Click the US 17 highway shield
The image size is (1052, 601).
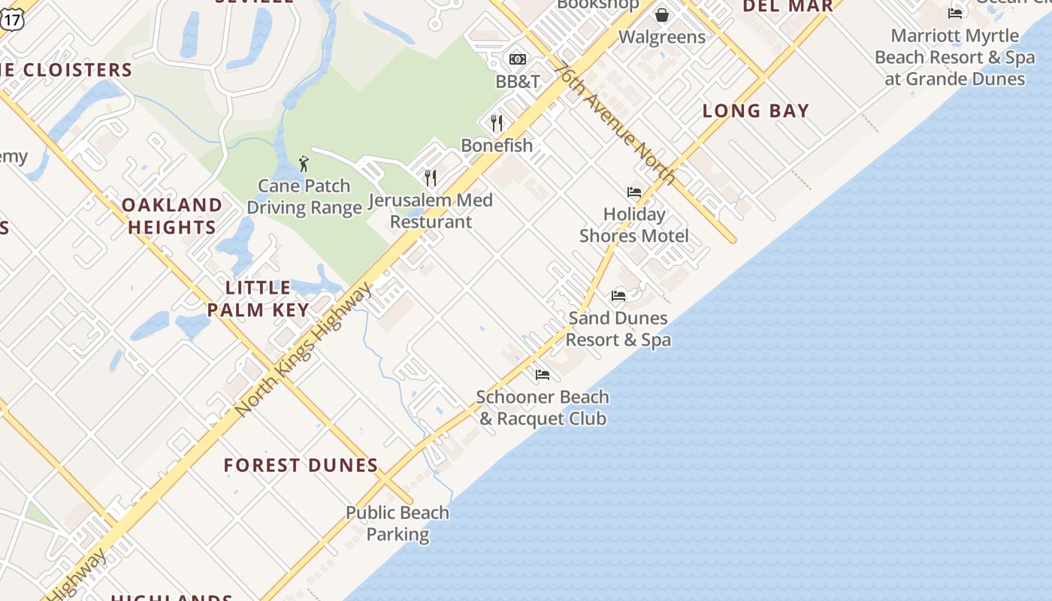[12, 20]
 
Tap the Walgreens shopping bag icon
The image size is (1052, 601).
[662, 15]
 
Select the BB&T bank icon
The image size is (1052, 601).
[518, 59]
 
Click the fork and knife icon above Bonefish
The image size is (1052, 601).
[497, 122]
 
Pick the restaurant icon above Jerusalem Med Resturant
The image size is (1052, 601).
[431, 178]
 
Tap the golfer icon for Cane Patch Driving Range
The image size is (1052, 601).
[304, 164]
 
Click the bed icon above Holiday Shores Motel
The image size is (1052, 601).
[634, 192]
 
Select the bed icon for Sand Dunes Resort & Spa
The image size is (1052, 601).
[618, 296]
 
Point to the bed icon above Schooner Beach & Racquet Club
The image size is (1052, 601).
[543, 375]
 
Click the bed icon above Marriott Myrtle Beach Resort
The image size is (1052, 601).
[955, 14]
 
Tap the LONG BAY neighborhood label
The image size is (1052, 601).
[756, 111]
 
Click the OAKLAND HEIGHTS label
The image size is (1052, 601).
[172, 216]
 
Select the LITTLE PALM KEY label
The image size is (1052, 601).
[258, 298]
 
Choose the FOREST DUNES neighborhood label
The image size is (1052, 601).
[301, 466]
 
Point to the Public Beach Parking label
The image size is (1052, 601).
[398, 524]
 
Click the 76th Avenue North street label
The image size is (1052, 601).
[615, 122]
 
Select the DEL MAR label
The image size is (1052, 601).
[788, 7]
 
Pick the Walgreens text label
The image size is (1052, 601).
[662, 37]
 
